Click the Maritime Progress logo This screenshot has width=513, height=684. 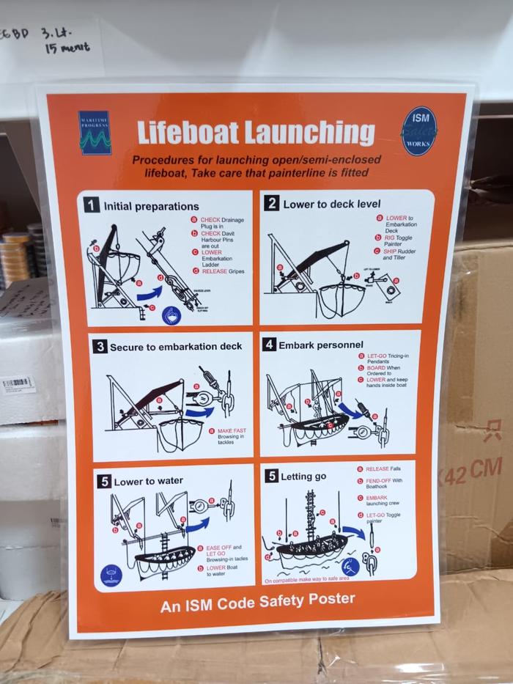[95, 133]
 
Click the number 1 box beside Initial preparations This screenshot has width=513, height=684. [92, 206]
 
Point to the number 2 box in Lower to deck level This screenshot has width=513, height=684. [271, 203]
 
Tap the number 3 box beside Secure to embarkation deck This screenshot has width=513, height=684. [100, 347]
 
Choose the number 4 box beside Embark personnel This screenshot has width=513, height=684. [269, 344]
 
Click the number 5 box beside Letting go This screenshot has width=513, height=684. [271, 477]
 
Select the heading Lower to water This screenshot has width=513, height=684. [148, 482]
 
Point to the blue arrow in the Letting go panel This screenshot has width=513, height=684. [353, 532]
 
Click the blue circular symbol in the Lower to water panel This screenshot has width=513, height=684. [111, 575]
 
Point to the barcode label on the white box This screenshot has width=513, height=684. [17, 383]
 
